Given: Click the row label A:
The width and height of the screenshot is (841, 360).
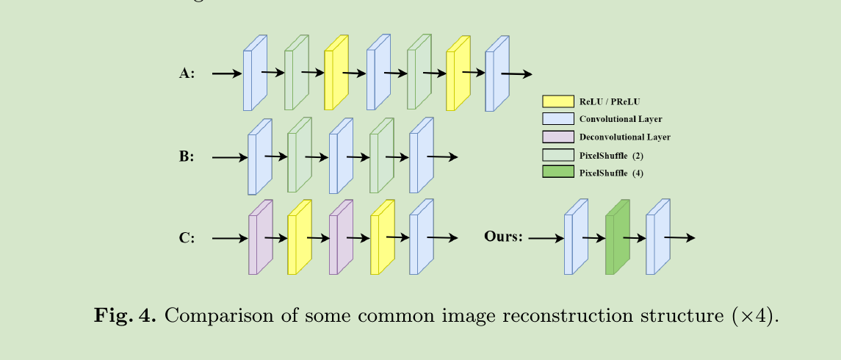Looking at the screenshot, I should pos(187,73).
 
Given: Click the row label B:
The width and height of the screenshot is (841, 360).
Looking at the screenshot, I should pos(187,156).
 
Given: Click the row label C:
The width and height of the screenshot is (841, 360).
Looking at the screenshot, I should pos(187,238).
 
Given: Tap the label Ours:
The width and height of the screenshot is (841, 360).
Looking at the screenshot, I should pos(503,237).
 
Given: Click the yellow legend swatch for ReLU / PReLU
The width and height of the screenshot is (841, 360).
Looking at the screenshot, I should pos(557,101).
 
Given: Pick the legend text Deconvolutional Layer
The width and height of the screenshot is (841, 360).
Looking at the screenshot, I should pos(624,137).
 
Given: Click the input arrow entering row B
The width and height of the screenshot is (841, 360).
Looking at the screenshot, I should pos(229,157).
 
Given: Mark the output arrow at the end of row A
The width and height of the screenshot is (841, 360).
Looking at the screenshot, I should pos(517,74).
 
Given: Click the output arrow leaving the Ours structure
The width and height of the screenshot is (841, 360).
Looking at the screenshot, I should pos(679,237).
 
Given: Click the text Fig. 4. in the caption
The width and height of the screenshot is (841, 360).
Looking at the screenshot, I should pos(125,317).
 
